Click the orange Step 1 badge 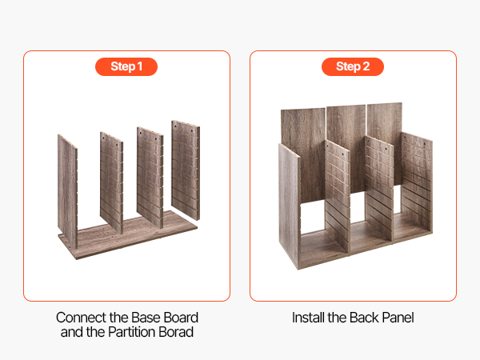[x=126, y=66]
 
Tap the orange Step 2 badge [x=353, y=66]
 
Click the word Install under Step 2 [x=308, y=318]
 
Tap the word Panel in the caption [x=398, y=318]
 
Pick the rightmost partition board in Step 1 [x=186, y=170]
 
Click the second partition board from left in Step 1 [x=111, y=182]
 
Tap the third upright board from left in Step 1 [x=150, y=178]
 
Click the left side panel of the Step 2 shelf [x=290, y=205]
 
